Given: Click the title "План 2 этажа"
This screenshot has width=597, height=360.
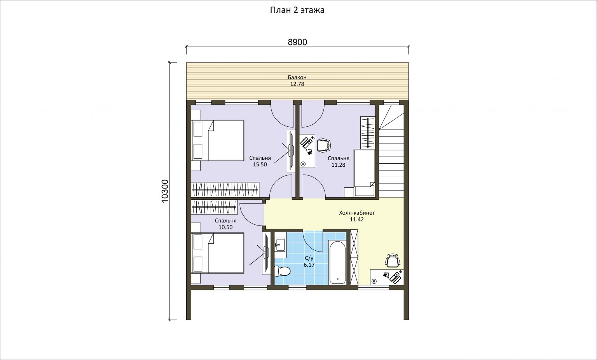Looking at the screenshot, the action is pos(297,10).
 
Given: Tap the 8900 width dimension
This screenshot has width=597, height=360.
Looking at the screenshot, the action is pos(297,42).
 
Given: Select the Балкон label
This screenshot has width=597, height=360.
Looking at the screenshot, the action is pos(297,77).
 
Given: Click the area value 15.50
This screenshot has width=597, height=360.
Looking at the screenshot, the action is pos(260,164).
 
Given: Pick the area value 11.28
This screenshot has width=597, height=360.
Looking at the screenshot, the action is pos(339,165).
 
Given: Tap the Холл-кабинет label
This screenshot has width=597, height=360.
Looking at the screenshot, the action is pos(357,213).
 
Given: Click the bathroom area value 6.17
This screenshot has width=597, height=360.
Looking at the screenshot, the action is pos(309,265).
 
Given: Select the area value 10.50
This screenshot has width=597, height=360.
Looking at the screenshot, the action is pos(226,227).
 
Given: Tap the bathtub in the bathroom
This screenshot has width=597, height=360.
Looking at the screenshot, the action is pos(337,262).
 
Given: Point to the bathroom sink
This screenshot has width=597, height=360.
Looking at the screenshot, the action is pos(280,245).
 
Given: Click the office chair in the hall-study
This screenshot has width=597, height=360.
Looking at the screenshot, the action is pos(392,260).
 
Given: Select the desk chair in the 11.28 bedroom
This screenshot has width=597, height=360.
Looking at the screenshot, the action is pos(323,145).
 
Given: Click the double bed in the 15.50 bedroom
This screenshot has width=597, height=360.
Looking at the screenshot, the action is pos(218,140).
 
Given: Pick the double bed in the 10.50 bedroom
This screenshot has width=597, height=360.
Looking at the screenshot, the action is pos(218,253).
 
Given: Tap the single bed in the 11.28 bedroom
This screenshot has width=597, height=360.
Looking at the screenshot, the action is pos(364,173).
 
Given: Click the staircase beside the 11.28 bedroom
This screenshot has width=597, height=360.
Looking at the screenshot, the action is pos(391,151).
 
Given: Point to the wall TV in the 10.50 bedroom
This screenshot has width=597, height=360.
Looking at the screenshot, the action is pos(266,253).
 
